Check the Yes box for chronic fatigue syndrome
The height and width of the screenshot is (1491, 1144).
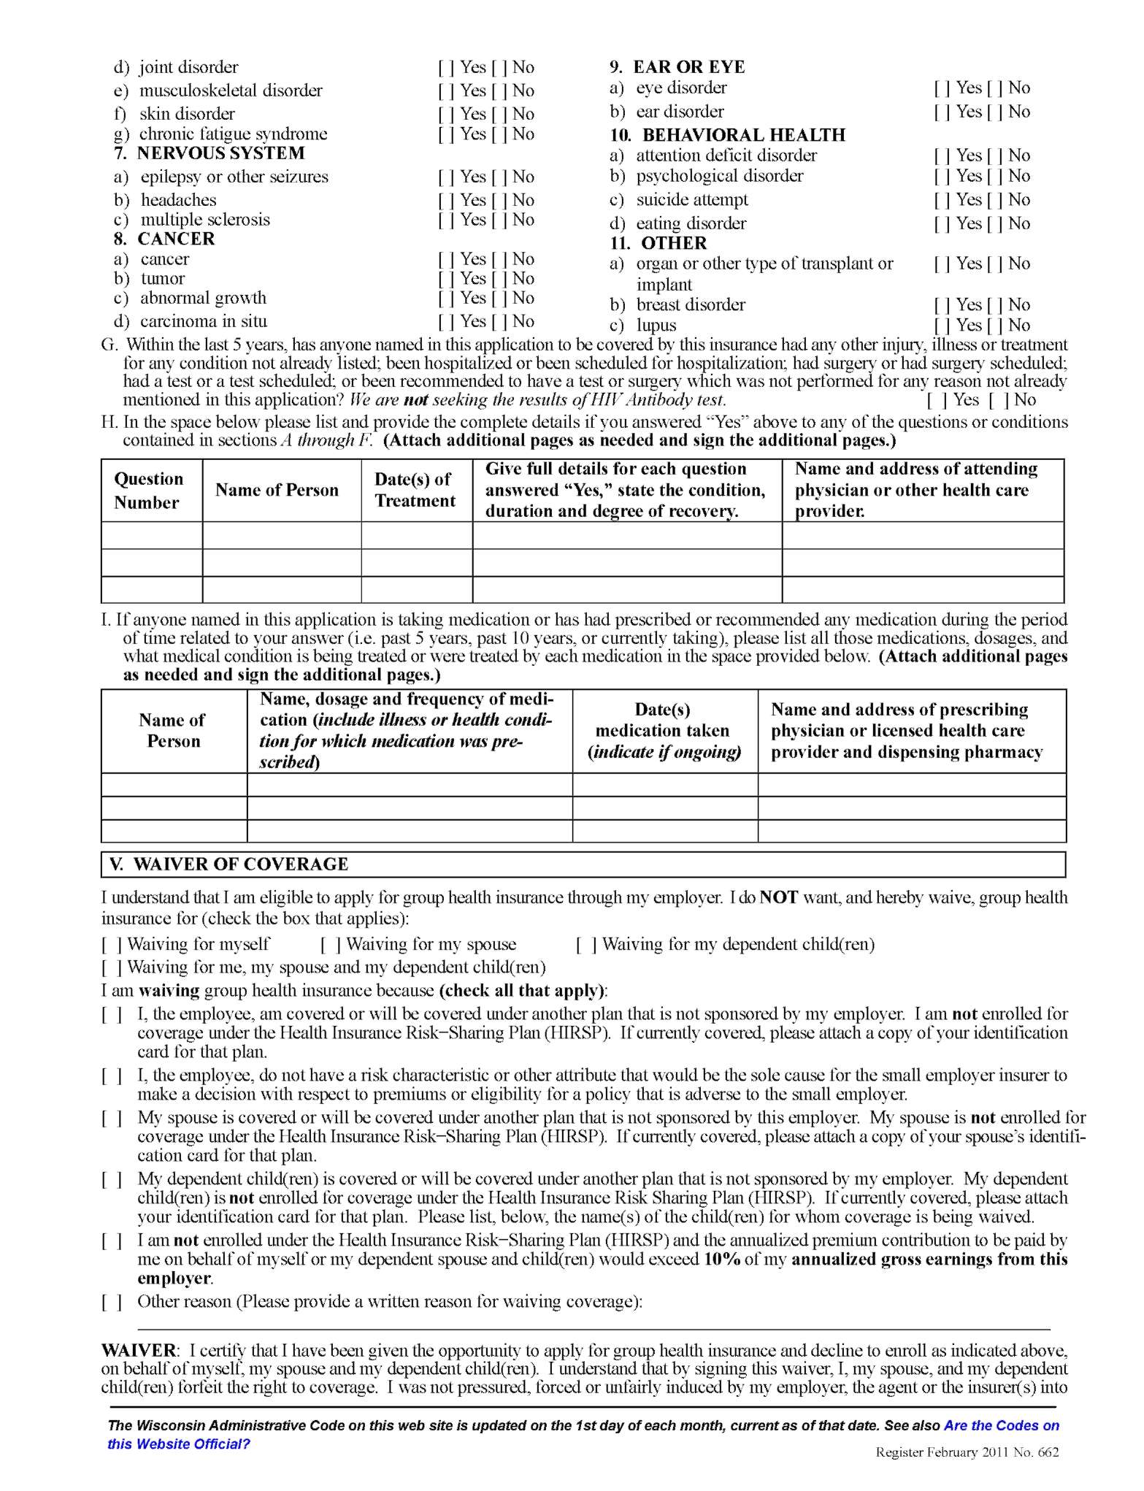(x=447, y=134)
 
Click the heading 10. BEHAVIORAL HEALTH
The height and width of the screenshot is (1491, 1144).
(x=728, y=135)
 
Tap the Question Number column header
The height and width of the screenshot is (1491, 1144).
(x=148, y=491)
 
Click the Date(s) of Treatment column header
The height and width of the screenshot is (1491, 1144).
(x=415, y=490)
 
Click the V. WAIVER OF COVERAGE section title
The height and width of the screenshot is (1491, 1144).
(x=229, y=865)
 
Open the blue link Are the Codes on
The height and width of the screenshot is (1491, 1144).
(x=1001, y=1425)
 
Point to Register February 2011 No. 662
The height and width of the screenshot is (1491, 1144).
(x=967, y=1452)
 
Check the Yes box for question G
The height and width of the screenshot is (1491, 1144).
(x=937, y=400)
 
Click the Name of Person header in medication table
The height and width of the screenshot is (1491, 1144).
(x=174, y=731)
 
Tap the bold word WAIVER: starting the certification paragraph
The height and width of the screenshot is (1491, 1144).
(x=139, y=1351)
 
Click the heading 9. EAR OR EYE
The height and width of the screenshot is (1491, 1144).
(x=677, y=67)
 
